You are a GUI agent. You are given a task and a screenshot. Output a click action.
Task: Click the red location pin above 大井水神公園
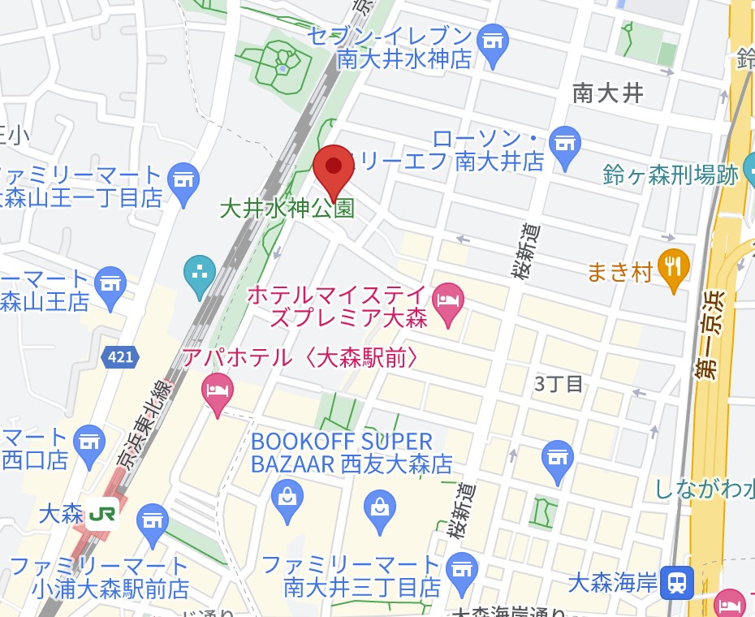(x=334, y=167)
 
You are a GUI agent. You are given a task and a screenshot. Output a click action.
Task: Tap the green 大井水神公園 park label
(x=287, y=209)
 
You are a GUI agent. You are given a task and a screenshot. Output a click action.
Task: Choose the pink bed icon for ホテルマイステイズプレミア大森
(x=449, y=300)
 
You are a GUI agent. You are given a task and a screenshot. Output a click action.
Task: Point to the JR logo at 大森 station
(x=103, y=513)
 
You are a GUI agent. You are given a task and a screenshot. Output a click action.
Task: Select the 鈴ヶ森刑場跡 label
(x=671, y=175)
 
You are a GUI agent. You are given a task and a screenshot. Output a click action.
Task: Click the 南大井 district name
(x=607, y=93)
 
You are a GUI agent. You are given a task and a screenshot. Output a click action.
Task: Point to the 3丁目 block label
(x=559, y=384)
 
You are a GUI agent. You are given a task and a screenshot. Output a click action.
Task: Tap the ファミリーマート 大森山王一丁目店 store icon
(x=183, y=176)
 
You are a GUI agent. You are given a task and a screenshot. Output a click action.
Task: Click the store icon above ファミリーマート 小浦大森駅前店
(x=152, y=516)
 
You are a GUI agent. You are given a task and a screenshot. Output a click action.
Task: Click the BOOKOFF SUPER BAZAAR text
(x=342, y=442)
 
